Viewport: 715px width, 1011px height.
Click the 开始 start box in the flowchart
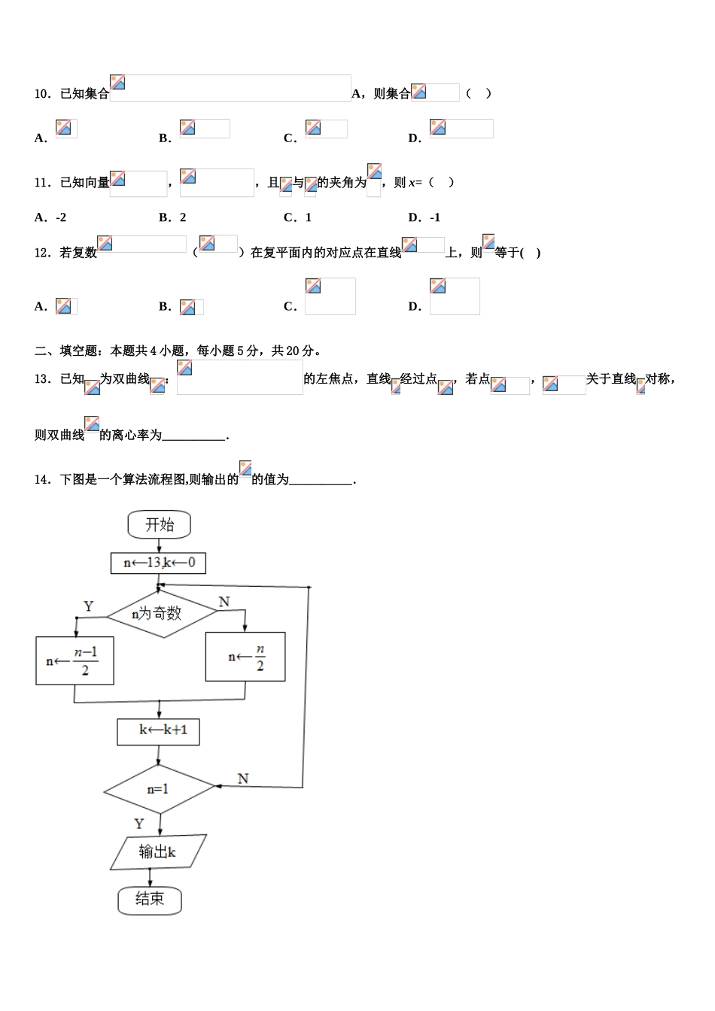[159, 524]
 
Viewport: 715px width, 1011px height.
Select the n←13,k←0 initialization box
[158, 563]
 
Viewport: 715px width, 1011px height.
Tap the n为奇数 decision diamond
[161, 614]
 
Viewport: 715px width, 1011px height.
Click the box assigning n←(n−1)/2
[75, 661]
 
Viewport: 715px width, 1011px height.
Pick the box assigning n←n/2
[245, 657]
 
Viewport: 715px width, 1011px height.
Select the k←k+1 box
[159, 731]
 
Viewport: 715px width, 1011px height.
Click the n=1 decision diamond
[159, 789]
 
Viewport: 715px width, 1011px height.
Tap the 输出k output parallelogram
[158, 852]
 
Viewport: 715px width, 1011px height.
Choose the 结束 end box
[150, 899]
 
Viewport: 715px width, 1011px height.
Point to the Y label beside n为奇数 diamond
[89, 606]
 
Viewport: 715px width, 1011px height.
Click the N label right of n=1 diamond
[243, 779]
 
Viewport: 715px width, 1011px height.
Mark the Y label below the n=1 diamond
[139, 824]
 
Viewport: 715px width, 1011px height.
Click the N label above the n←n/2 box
[224, 602]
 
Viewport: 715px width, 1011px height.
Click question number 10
[43, 94]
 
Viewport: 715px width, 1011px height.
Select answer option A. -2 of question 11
[50, 217]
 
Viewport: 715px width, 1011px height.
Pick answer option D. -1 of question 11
[424, 217]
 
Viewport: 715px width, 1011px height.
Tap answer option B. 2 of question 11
[172, 217]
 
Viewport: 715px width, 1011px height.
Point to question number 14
[43, 480]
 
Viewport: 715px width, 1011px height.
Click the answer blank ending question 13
[193, 436]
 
